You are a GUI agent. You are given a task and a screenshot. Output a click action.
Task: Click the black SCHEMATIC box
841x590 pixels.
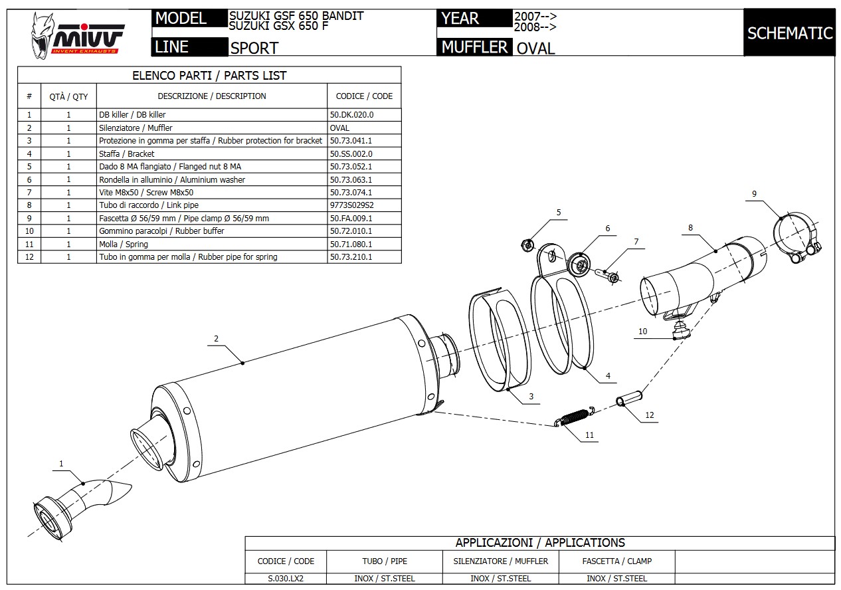pyautogui.click(x=789, y=33)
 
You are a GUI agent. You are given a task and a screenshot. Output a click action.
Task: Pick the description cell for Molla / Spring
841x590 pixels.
pyautogui.click(x=211, y=244)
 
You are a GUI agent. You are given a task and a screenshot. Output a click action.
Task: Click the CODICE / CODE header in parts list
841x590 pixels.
pyautogui.click(x=364, y=96)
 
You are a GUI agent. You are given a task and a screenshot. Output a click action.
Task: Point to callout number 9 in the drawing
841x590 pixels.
pyautogui.click(x=754, y=193)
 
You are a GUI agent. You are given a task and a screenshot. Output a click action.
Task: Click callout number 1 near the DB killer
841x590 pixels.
pyautogui.click(x=62, y=464)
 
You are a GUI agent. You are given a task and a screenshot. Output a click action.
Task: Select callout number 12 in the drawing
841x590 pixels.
pyautogui.click(x=650, y=415)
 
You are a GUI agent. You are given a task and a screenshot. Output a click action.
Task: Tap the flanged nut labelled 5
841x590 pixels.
pyautogui.click(x=527, y=245)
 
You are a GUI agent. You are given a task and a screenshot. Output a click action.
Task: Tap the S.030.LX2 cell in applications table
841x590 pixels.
pyautogui.click(x=286, y=578)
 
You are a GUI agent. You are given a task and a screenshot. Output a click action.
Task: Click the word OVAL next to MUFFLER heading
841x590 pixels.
pyautogui.click(x=535, y=48)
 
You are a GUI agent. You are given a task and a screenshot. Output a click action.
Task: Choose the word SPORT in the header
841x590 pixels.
pyautogui.click(x=254, y=48)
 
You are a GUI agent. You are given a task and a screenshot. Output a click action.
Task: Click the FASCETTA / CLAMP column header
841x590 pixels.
pyautogui.click(x=616, y=561)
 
